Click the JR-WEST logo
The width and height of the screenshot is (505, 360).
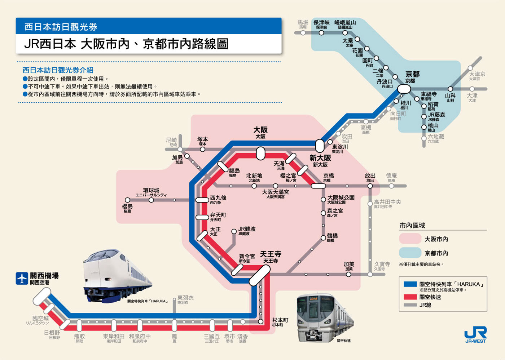click(x=475, y=335)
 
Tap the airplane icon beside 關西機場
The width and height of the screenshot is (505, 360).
click(x=22, y=278)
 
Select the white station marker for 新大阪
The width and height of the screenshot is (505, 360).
click(x=320, y=146)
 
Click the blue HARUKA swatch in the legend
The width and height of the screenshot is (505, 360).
click(x=410, y=284)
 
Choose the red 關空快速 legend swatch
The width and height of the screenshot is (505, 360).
click(x=410, y=297)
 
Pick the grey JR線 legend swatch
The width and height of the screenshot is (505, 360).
click(x=410, y=305)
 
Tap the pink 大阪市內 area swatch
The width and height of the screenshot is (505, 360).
click(x=410, y=239)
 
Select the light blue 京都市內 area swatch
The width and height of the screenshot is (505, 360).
click(x=410, y=253)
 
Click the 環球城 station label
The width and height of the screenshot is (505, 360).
click(x=151, y=191)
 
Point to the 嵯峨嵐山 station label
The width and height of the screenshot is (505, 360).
click(x=345, y=23)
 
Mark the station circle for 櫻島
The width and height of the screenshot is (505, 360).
click(x=127, y=200)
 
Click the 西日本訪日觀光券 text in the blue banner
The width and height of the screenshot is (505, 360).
click(x=61, y=27)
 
